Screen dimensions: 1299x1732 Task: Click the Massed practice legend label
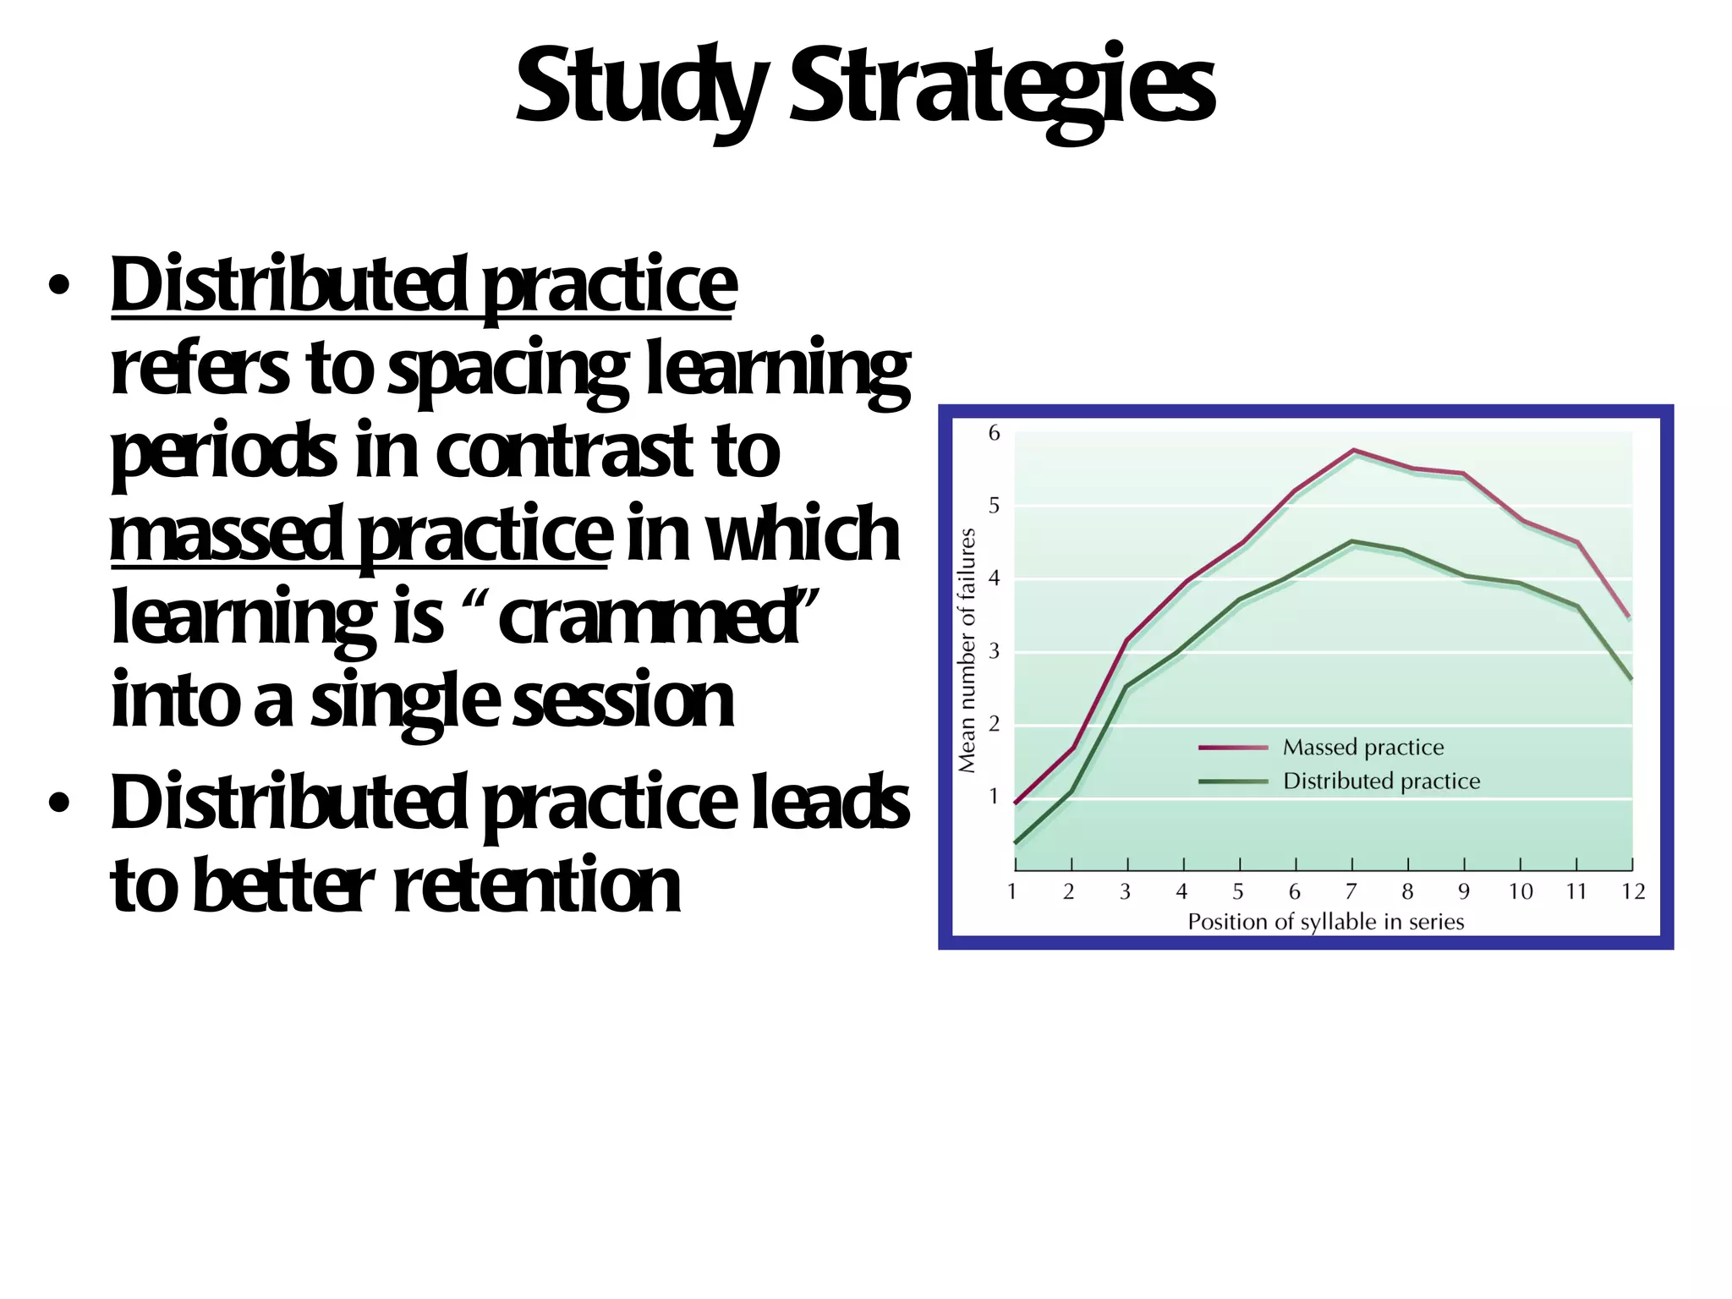tap(1362, 748)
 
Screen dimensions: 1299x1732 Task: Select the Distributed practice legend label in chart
tap(1381, 781)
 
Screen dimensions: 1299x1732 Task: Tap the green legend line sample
tap(1232, 781)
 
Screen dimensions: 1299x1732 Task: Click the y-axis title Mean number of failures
tap(967, 650)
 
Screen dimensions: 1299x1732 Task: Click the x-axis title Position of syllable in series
tap(1325, 922)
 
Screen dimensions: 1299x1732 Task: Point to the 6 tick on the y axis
tap(995, 433)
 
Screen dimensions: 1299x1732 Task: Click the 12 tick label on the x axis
tap(1633, 892)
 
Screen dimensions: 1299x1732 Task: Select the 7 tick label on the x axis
tap(1351, 892)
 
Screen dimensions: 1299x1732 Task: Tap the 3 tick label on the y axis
tap(995, 651)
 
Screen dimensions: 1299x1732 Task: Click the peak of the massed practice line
tap(1353, 450)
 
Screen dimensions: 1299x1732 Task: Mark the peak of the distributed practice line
tap(1353, 541)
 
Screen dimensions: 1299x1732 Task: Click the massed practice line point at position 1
tap(1016, 802)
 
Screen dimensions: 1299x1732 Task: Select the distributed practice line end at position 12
tap(1631, 678)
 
